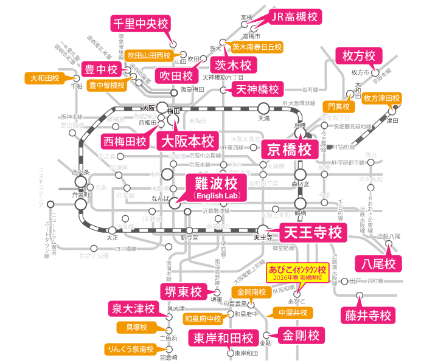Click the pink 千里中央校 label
(x=139, y=24)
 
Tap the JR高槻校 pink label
(x=294, y=16)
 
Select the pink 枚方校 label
(x=359, y=56)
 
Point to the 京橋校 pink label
(x=290, y=149)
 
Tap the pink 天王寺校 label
(x=313, y=232)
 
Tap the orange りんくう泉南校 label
(x=129, y=349)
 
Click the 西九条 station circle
(x=80, y=181)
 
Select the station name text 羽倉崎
(x=169, y=358)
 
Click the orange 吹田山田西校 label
(x=149, y=55)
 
